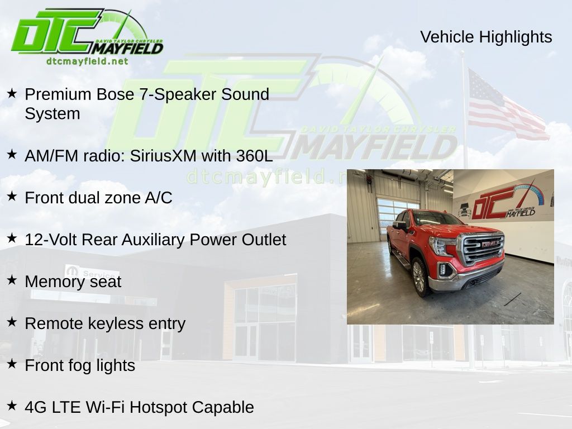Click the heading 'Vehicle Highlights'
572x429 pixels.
point(486,37)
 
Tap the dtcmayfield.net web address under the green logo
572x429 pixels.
point(87,61)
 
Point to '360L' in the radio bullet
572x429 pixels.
point(254,156)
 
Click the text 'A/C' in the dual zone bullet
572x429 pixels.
point(158,198)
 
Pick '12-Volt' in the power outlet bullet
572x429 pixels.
point(51,240)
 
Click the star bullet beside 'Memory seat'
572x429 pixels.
point(12,280)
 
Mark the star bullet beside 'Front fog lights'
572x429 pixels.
point(12,364)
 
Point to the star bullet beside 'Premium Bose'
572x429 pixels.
point(12,93)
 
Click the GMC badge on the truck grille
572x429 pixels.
point(489,244)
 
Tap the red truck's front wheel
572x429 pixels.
point(420,277)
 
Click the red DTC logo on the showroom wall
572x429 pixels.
point(503,202)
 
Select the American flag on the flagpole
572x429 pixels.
point(507,105)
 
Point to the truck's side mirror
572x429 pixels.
point(400,226)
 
